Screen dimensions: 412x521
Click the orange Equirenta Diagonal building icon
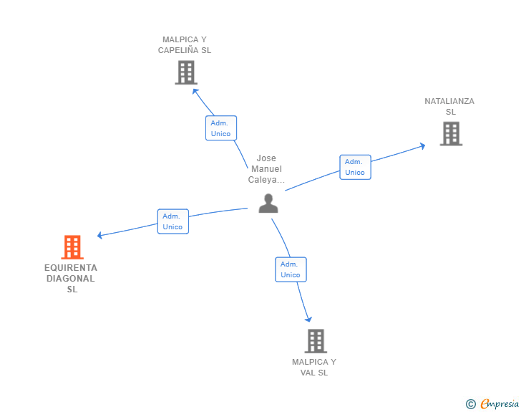[72, 247]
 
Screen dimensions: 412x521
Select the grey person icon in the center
[268, 203]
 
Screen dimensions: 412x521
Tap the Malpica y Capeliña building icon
[186, 72]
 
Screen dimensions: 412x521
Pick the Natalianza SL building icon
[450, 133]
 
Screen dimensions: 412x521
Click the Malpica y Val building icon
[315, 341]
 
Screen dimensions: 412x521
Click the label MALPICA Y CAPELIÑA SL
[185, 45]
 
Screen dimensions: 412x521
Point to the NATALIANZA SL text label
[449, 106]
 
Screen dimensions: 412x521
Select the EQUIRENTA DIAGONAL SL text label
[71, 278]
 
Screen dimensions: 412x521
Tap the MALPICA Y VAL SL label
[314, 367]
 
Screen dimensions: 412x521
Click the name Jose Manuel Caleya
[266, 169]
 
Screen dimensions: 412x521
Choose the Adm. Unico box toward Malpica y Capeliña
[220, 128]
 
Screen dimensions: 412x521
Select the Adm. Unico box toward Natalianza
[355, 167]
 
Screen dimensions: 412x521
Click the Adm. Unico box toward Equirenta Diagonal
[172, 221]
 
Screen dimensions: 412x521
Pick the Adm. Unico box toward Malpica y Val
[291, 269]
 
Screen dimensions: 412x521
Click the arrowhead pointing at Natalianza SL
[422, 145]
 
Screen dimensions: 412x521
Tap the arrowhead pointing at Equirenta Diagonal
[101, 235]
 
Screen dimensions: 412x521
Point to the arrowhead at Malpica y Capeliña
[194, 89]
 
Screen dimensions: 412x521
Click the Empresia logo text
[500, 404]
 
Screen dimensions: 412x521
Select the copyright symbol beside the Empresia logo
[470, 404]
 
